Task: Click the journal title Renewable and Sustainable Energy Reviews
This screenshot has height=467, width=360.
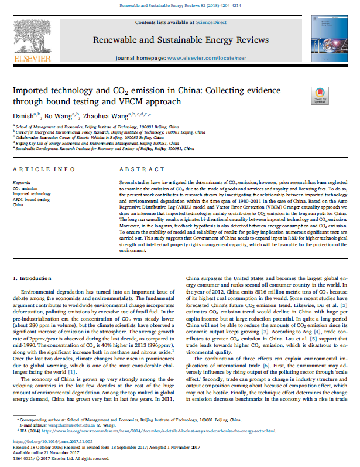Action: (x=180, y=40)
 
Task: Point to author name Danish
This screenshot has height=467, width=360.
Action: (x=23, y=115)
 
